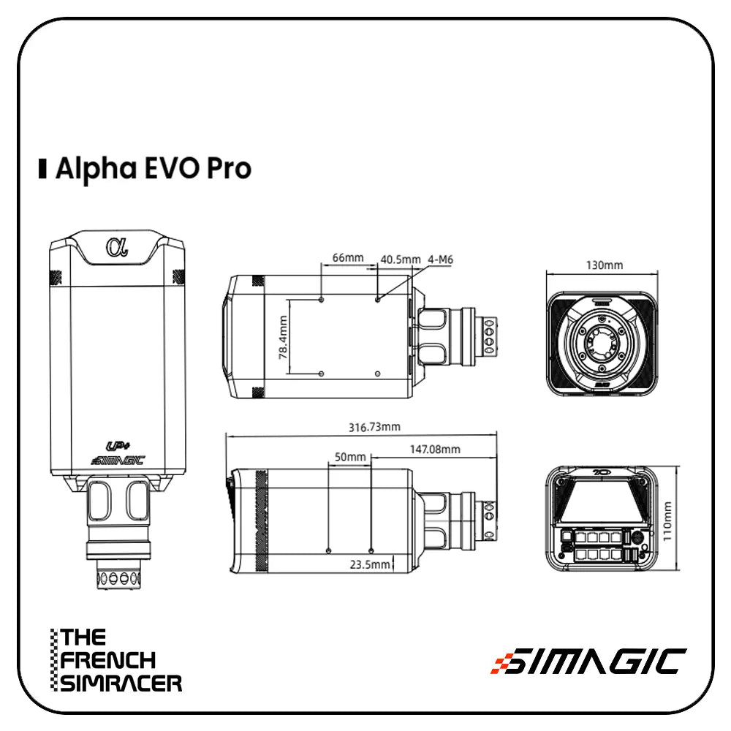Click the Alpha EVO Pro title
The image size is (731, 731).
[x=154, y=168]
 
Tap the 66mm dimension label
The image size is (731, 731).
[x=347, y=258]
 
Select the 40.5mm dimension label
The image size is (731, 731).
[x=401, y=259]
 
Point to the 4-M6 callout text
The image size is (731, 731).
[x=441, y=259]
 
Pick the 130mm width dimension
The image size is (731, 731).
[x=604, y=265]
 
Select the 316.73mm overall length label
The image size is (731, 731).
[x=374, y=426]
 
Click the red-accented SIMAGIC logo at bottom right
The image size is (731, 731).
[x=588, y=661]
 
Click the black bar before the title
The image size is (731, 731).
[x=43, y=168]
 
